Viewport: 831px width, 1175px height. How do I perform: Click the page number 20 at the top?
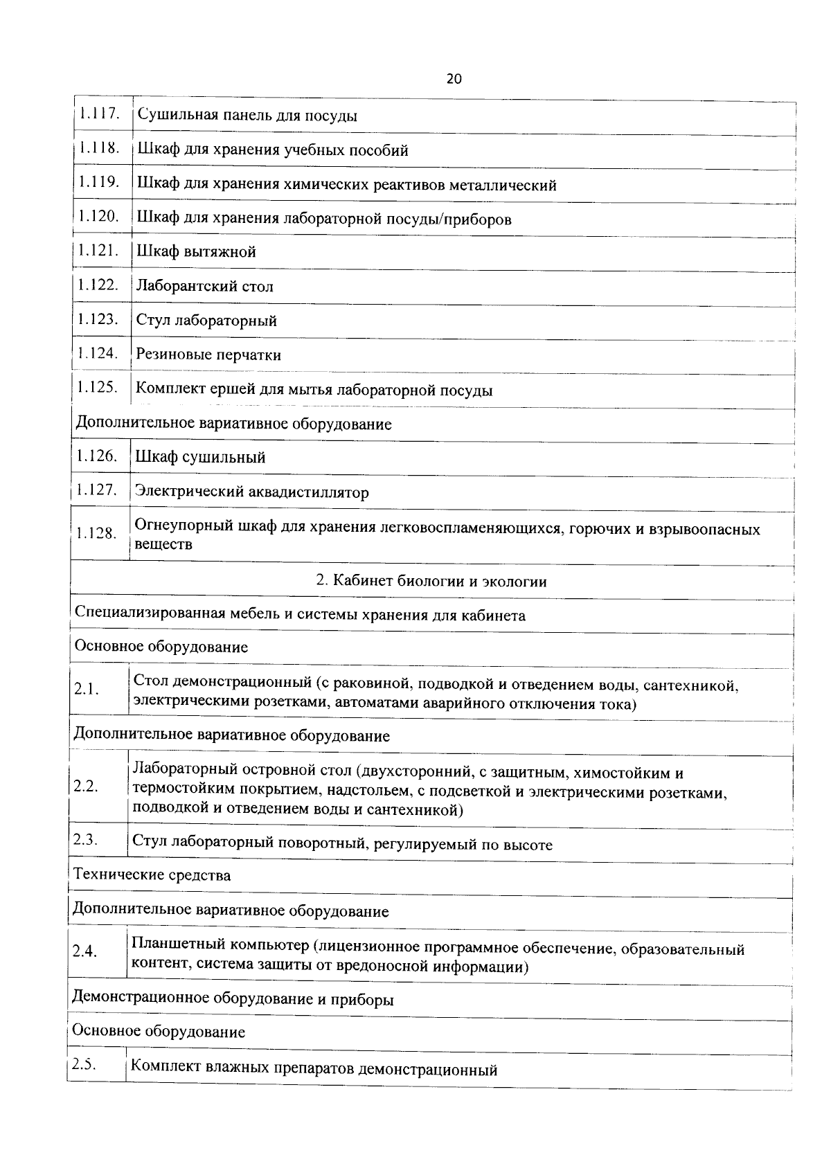[x=454, y=79]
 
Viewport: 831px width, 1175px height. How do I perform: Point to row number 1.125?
[x=97, y=387]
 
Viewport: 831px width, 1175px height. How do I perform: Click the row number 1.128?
[x=96, y=533]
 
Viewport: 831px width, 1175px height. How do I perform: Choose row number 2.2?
[x=86, y=787]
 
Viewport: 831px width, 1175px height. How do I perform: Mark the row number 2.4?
[x=84, y=951]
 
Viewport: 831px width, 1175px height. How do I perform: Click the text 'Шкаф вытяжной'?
[x=197, y=252]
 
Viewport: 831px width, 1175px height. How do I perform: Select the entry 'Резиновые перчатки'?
[x=208, y=355]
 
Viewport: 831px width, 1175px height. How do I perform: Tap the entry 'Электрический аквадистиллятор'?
[x=252, y=492]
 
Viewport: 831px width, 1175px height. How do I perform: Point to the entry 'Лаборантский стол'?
[x=204, y=286]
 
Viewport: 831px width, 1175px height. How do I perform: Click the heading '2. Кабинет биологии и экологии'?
[x=431, y=581]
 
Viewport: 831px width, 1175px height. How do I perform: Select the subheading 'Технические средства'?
[x=152, y=875]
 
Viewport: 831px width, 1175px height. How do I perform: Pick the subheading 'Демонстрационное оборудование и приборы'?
[x=233, y=999]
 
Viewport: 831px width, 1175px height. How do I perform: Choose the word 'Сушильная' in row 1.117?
[x=177, y=115]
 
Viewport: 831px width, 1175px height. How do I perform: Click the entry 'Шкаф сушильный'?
[x=201, y=457]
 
